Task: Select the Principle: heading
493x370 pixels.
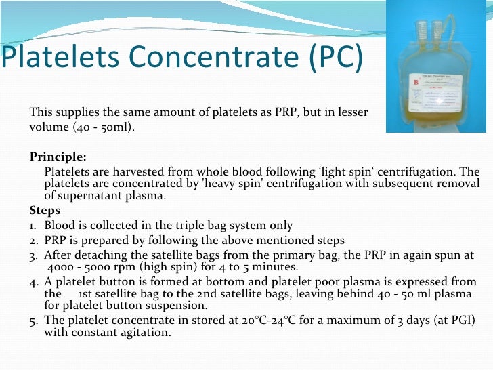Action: point(58,157)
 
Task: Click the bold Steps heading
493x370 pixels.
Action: point(45,210)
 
